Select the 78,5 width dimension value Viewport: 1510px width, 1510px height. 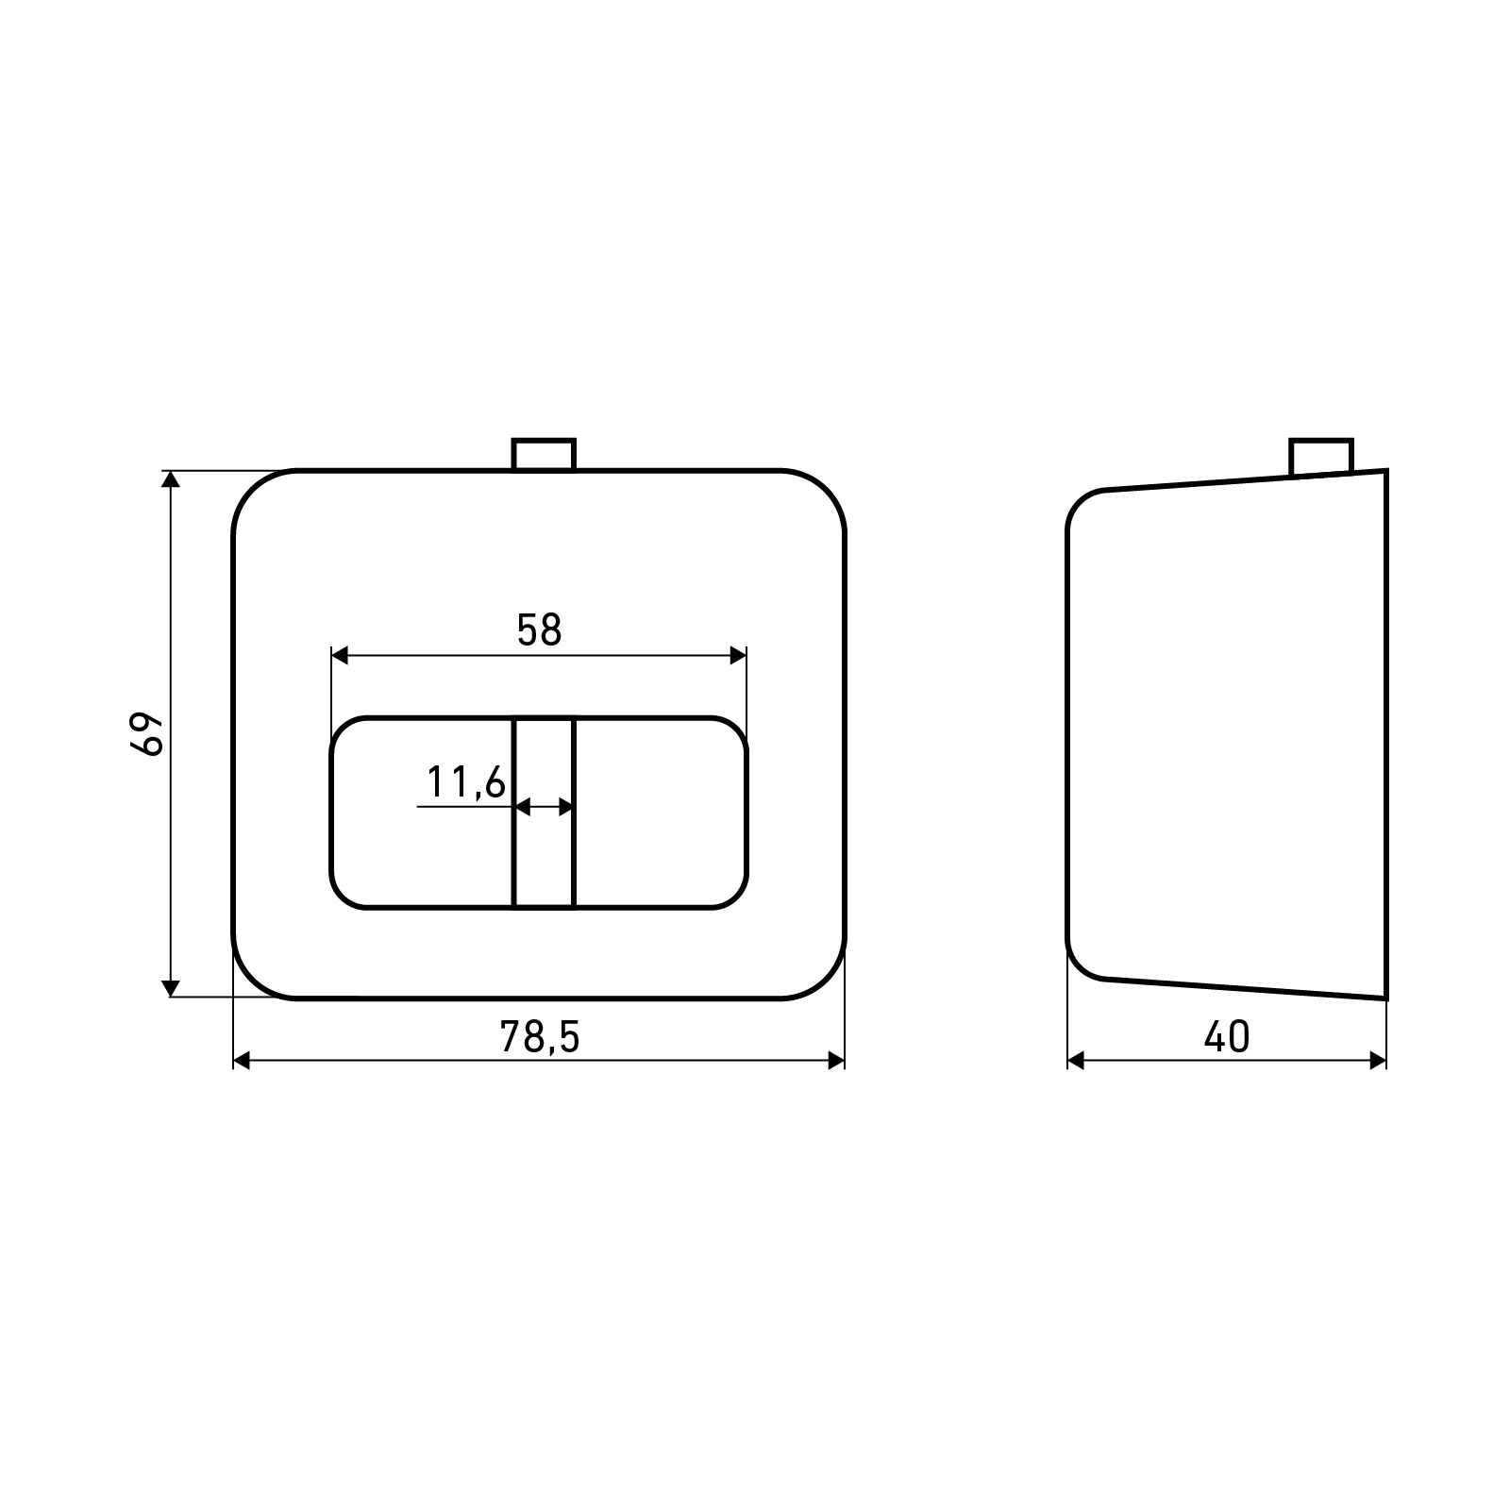point(539,1037)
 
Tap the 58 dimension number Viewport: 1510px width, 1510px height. point(539,630)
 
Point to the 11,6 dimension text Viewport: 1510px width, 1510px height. point(466,782)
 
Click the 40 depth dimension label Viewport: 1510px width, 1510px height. point(1227,1037)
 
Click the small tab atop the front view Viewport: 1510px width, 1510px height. point(544,454)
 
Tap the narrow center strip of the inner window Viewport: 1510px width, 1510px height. point(544,813)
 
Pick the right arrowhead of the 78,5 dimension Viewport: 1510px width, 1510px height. point(836,1061)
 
